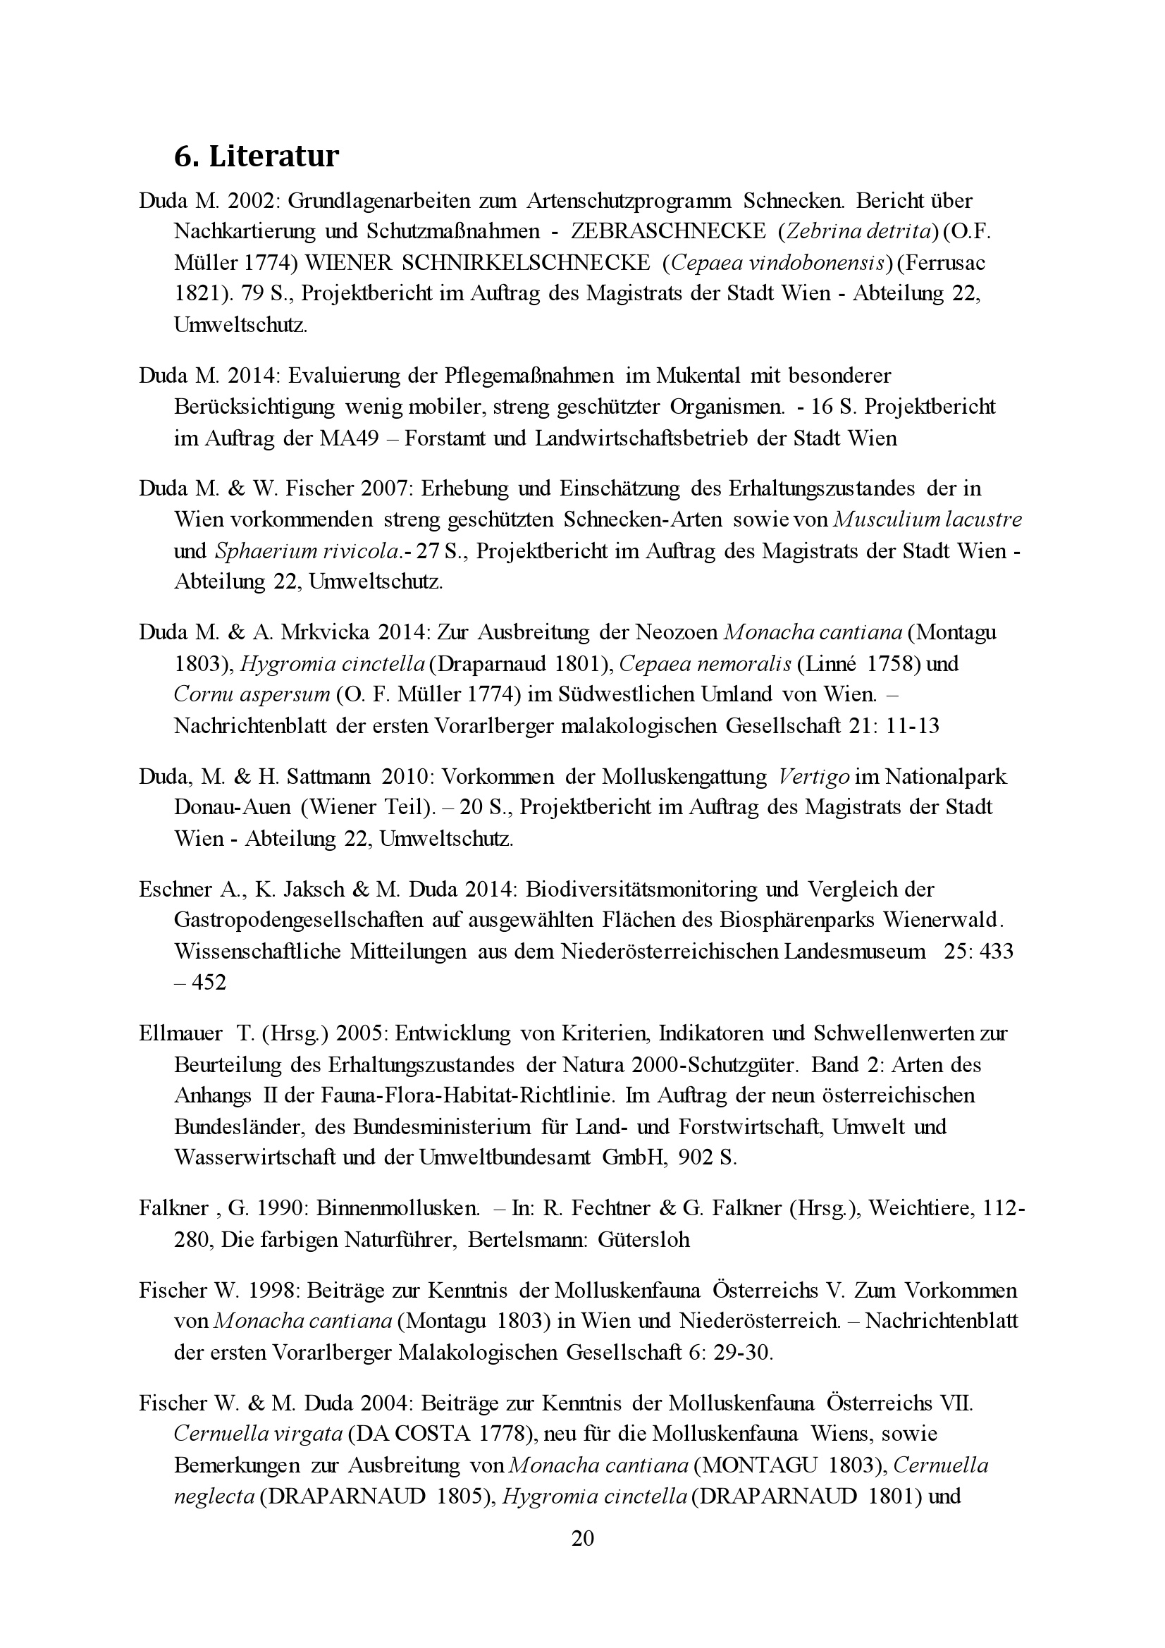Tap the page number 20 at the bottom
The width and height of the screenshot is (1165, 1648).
(x=582, y=1558)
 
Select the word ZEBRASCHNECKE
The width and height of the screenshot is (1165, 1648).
(x=668, y=231)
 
